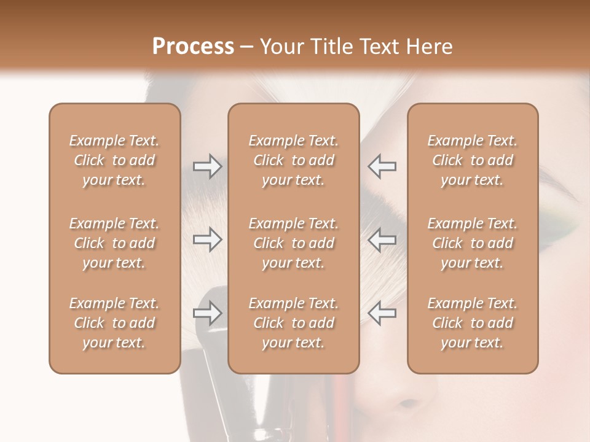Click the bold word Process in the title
[193, 47]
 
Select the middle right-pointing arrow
[207, 239]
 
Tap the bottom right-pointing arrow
[207, 313]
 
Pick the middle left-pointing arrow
[382, 239]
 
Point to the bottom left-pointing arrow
[382, 313]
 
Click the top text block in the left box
[114, 160]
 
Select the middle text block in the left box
[114, 243]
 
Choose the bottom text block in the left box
[114, 323]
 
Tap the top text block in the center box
[294, 160]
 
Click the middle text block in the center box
[294, 243]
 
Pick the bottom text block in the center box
[294, 323]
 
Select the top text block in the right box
[473, 160]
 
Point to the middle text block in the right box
[473, 243]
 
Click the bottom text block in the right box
[473, 323]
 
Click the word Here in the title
[431, 47]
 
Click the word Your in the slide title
[280, 47]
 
